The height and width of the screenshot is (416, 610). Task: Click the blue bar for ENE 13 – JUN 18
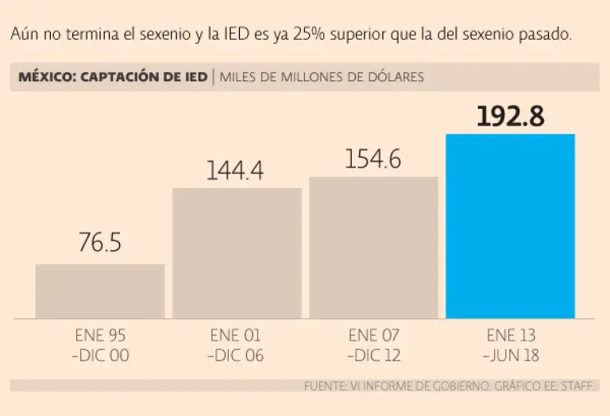[510, 226]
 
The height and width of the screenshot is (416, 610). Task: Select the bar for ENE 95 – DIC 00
[100, 291]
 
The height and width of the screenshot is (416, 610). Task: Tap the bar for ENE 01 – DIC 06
[237, 253]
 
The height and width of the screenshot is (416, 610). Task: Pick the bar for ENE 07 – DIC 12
[373, 248]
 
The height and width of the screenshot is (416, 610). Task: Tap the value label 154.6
[373, 159]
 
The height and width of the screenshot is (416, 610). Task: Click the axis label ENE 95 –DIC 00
[100, 345]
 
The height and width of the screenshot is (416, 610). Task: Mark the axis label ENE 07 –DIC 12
[373, 345]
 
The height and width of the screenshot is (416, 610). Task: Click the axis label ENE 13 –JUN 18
[511, 345]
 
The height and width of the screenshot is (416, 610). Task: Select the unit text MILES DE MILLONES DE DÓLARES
[322, 77]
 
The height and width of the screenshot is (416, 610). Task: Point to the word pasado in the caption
[547, 36]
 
